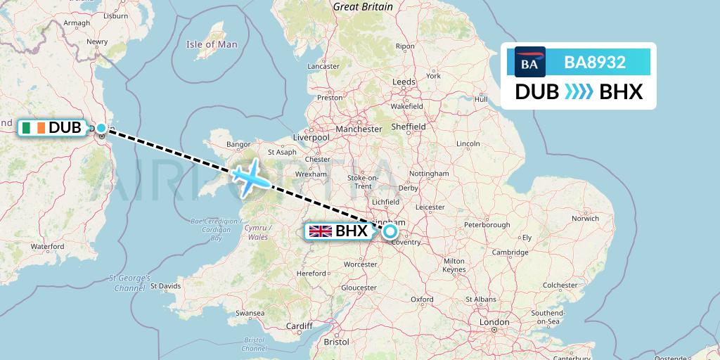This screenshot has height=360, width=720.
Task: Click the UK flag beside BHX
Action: pyautogui.click(x=321, y=231)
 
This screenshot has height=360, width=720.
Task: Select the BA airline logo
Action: pyautogui.click(x=530, y=62)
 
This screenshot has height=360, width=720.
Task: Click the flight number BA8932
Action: pyautogui.click(x=595, y=63)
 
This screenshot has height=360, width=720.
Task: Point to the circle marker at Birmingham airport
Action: pyautogui.click(x=390, y=231)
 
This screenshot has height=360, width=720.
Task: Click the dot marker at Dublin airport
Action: pyautogui.click(x=101, y=128)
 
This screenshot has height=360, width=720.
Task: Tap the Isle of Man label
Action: pyautogui.click(x=212, y=44)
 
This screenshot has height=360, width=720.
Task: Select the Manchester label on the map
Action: pyautogui.click(x=359, y=129)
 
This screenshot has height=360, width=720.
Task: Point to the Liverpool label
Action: pyautogui.click(x=310, y=138)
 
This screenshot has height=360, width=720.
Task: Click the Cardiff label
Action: pyautogui.click(x=299, y=326)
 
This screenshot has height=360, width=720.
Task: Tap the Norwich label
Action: pyautogui.click(x=585, y=219)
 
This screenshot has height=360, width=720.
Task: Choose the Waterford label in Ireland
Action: pyautogui.click(x=47, y=247)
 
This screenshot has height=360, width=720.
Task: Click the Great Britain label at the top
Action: pyautogui.click(x=363, y=6)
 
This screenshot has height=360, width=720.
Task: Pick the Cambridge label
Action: pyautogui.click(x=510, y=252)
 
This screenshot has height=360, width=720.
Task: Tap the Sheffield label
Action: pyautogui.click(x=409, y=127)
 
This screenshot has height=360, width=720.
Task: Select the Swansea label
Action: pyautogui.click(x=250, y=312)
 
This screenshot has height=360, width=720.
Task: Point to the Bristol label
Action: pyautogui.click(x=337, y=342)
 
